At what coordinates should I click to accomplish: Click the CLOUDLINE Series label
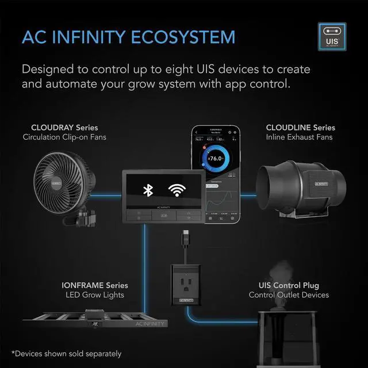coord(300,128)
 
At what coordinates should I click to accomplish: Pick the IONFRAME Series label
coord(95,286)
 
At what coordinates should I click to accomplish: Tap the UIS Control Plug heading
coord(289,286)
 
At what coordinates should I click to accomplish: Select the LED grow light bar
coord(98,322)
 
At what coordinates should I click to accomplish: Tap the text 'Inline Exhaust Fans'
coord(299,137)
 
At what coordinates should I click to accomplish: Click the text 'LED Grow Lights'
coord(95,296)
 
